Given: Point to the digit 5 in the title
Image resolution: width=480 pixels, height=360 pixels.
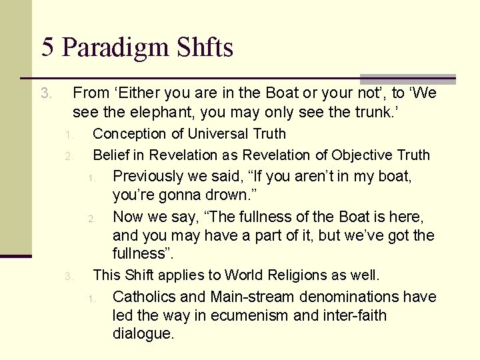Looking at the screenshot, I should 47,48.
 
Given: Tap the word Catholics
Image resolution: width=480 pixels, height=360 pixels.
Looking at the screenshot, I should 143,297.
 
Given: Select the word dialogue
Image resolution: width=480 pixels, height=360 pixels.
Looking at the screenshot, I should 143,333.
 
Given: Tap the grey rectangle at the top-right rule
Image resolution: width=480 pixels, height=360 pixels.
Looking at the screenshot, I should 408,79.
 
